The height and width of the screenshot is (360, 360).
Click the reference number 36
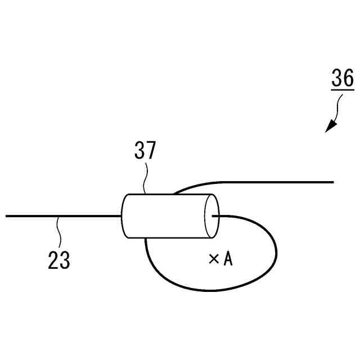343,79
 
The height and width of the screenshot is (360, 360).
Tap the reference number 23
59,260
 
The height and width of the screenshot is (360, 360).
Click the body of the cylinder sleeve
163,216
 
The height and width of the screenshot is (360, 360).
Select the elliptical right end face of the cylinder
211,216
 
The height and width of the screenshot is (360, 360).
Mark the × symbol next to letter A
213,259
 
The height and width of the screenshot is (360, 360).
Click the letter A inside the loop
228,259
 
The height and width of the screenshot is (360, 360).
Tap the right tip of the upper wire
333,182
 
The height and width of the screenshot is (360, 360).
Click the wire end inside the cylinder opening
214,215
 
